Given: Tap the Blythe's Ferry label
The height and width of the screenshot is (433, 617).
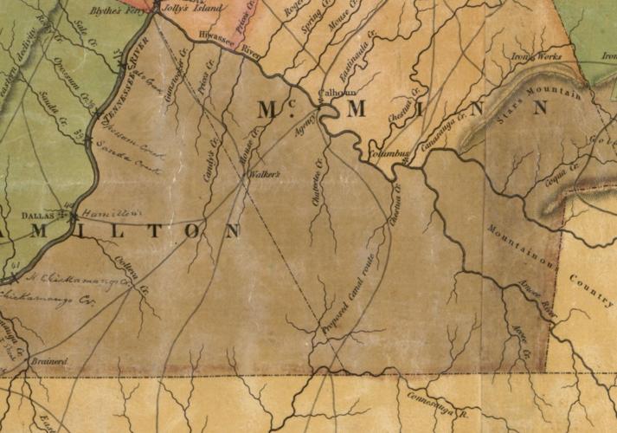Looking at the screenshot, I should click(x=119, y=13).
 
